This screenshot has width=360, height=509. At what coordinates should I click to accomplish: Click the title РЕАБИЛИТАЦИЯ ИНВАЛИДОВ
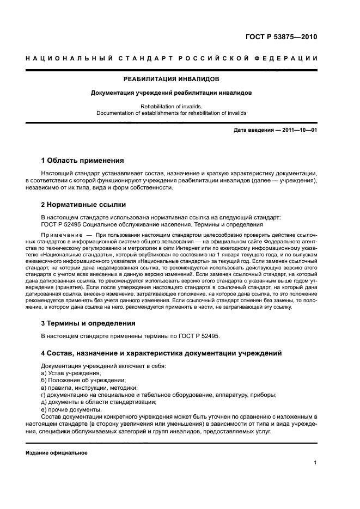click(x=171, y=79)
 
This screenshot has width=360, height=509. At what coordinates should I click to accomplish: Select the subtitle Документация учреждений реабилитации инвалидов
click(x=171, y=93)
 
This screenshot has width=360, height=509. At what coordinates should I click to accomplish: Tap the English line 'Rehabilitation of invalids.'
click(x=171, y=107)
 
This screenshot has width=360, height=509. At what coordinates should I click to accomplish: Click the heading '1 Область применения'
click(x=83, y=161)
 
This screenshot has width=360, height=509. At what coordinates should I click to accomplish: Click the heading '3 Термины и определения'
click(x=89, y=323)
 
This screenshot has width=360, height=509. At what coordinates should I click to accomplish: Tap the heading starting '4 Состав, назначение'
click(x=161, y=353)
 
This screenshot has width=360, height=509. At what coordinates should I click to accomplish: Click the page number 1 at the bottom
click(x=315, y=463)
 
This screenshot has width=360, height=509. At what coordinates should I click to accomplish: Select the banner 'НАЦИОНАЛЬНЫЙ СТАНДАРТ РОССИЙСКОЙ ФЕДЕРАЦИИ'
click(x=171, y=58)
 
